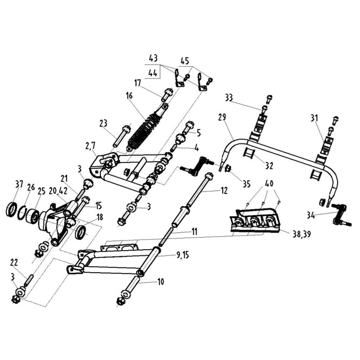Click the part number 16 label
pyautogui.click(x=130, y=96)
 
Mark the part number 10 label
pyautogui.click(x=160, y=282)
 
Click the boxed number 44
pyautogui.click(x=153, y=72)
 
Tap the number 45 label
pyautogui.click(x=185, y=61)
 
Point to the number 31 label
pyautogui.click(x=314, y=118)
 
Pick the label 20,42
pyautogui.click(x=58, y=190)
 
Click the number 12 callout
pyautogui.click(x=224, y=191)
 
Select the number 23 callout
pyautogui.click(x=103, y=122)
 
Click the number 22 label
pyautogui.click(x=14, y=261)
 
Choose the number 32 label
pyautogui.click(x=269, y=166)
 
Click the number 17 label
pyautogui.click(x=137, y=82)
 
